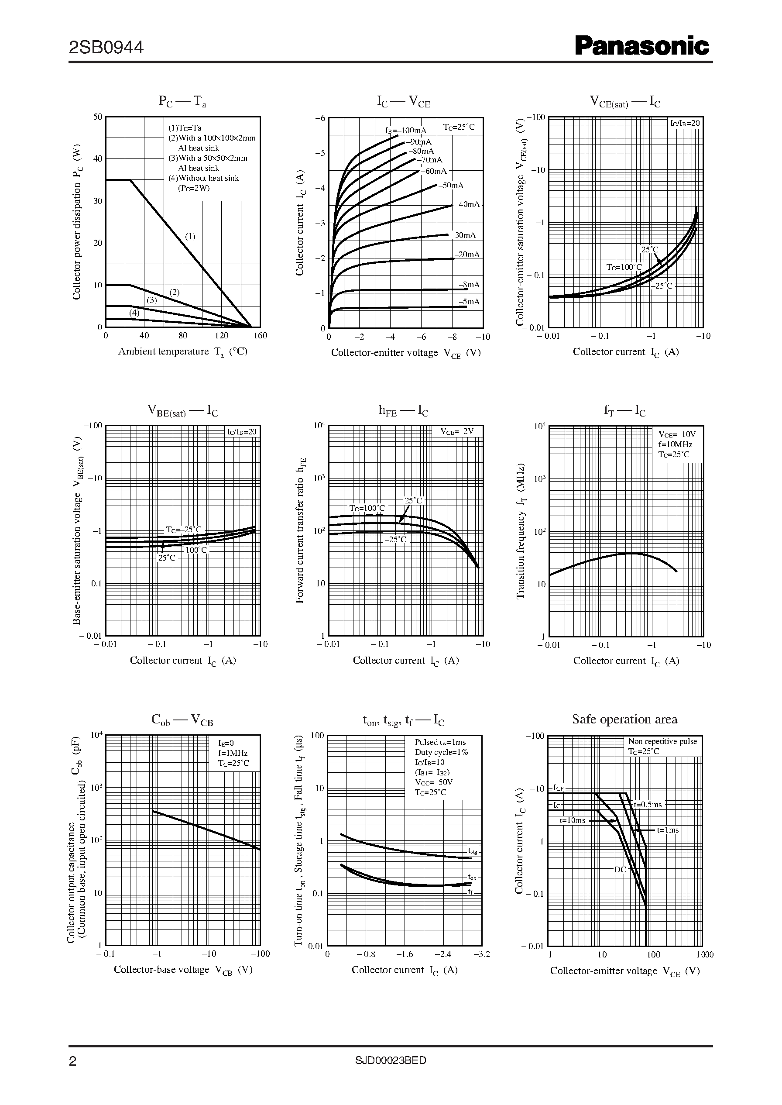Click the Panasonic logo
[x=642, y=47]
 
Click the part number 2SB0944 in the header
[x=106, y=48]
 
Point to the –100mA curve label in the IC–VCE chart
[x=405, y=131]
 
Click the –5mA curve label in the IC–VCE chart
[x=469, y=302]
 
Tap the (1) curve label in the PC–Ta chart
[x=190, y=237]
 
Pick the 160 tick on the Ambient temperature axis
[x=260, y=336]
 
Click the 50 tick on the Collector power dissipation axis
[x=98, y=117]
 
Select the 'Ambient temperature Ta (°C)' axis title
[x=183, y=351]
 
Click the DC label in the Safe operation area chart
[x=620, y=870]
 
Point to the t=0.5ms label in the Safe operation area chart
[x=648, y=805]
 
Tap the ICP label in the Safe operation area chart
[x=558, y=788]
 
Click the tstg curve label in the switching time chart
[x=472, y=850]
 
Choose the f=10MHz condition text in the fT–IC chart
[x=675, y=444]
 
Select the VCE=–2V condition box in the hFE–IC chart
[x=456, y=432]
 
